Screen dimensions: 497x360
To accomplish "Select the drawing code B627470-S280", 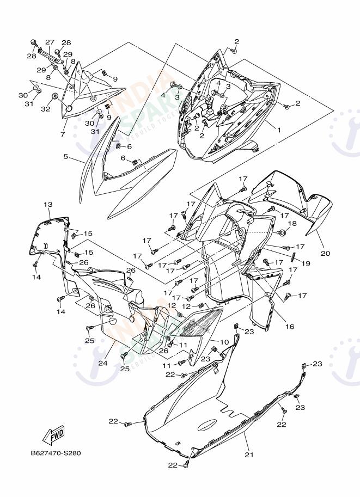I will pos(56,453).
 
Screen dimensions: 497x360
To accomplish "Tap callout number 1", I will pos(279,131).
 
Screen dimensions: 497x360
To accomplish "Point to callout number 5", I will pos(65,157).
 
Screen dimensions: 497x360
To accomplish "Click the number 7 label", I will pos(63,134).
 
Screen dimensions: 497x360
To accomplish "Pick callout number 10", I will pos(224,342).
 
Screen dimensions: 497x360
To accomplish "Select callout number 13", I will pos(48,204).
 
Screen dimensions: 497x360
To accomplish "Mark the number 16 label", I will pos(289,327).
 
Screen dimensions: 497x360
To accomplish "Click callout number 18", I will pos(292,224).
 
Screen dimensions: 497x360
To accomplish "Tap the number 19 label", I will pos(306,263).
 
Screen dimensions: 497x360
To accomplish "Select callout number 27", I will pos(50,42).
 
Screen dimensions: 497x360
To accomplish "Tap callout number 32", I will pos(45,109).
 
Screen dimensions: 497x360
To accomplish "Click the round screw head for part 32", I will pos(56,96).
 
